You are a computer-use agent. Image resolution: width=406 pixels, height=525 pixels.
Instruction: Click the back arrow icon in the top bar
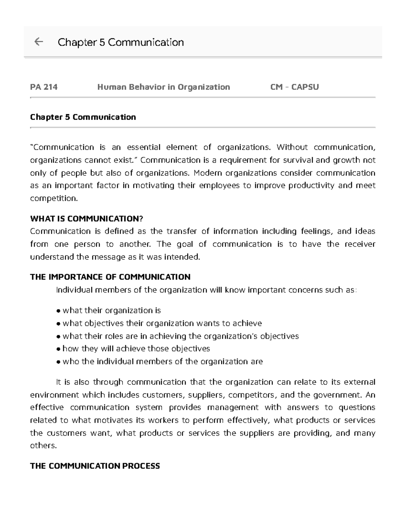pos(39,42)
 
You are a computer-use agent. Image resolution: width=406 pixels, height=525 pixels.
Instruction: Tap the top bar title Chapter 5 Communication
pos(121,42)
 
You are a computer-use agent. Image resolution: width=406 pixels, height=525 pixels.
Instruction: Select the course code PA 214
pos(44,87)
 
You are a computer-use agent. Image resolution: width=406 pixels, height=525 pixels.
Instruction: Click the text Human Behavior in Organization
pos(163,87)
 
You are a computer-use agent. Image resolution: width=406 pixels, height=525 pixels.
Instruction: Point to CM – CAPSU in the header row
pos(294,87)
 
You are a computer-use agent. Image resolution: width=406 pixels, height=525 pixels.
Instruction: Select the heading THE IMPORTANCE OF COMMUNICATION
pos(110,277)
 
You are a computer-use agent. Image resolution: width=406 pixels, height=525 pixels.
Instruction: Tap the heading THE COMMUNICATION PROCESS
pos(95,466)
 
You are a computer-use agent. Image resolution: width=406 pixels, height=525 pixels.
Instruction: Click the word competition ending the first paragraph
pos(53,198)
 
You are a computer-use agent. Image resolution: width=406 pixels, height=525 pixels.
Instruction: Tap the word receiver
pos(360,244)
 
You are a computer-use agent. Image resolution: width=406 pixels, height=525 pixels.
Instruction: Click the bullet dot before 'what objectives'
pos(59,324)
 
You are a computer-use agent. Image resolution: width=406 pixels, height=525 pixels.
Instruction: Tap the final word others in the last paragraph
pos(43,446)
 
